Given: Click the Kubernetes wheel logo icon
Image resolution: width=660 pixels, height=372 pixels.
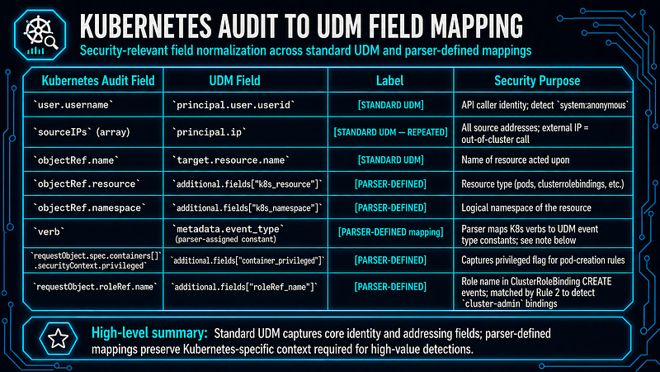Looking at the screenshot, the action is (x=40, y=35).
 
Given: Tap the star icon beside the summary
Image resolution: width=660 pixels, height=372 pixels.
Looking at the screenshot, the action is (x=58, y=338).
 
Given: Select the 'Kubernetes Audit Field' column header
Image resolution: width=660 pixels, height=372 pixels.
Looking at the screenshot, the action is (x=98, y=80).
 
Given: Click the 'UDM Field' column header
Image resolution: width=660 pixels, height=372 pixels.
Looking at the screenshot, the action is (x=234, y=80).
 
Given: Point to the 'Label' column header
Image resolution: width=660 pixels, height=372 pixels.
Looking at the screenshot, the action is (x=389, y=80).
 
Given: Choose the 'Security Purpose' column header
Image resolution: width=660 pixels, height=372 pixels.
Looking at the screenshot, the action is (x=537, y=80).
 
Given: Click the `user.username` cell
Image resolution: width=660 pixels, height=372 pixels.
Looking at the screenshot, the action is (x=73, y=105).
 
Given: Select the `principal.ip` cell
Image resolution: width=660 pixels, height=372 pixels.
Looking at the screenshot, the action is (x=210, y=132).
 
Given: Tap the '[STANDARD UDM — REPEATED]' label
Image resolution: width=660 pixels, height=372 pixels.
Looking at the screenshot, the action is (x=390, y=132).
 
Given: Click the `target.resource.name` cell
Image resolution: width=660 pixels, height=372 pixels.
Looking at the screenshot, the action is (x=231, y=160).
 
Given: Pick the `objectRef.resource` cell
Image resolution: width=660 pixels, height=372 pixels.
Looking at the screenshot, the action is (x=87, y=184).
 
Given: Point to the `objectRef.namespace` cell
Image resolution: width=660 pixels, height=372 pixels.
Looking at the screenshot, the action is (x=90, y=207).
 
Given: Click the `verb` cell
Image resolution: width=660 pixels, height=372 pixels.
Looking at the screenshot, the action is (x=49, y=231).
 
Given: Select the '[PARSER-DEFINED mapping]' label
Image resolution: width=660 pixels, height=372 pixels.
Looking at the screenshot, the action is (x=390, y=232).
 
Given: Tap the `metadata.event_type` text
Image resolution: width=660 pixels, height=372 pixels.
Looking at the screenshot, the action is (x=229, y=229).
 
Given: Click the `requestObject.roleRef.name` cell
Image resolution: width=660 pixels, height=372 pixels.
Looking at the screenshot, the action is (x=95, y=287).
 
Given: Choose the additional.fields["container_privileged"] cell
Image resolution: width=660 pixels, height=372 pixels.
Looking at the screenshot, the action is (x=247, y=260).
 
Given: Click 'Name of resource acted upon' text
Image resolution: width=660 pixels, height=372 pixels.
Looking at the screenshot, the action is (x=515, y=160).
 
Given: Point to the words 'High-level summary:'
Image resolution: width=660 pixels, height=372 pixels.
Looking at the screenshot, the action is (x=149, y=333).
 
